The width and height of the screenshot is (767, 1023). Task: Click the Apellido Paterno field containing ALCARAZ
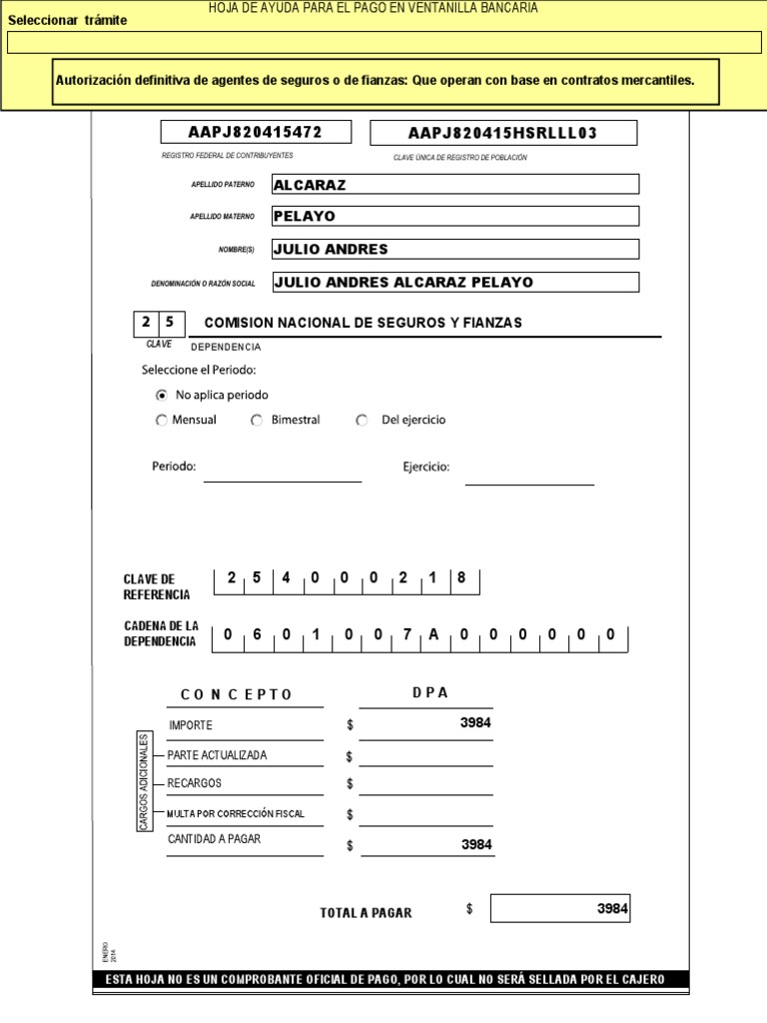point(454,185)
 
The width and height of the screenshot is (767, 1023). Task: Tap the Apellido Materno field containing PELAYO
point(454,217)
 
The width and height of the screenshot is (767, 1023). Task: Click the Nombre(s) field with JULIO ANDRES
point(454,249)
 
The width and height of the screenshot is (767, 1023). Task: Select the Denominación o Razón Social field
point(454,282)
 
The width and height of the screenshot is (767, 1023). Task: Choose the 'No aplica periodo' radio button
point(162,395)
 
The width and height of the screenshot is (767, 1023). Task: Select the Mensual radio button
point(162,421)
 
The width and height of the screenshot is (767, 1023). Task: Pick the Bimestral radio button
point(257,421)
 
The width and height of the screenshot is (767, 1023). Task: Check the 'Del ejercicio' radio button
point(363,421)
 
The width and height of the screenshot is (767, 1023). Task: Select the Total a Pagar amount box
point(560,909)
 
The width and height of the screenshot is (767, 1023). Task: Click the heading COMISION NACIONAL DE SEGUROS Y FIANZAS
point(363,323)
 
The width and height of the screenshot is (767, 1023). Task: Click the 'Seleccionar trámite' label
point(68,21)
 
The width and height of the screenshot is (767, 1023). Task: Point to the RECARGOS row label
point(195,783)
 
